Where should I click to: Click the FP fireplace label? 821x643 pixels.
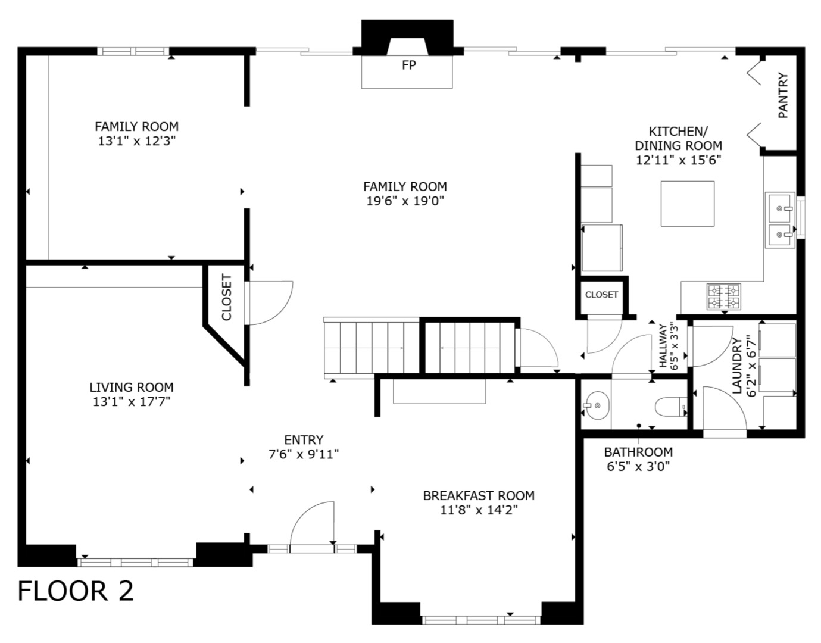(408, 65)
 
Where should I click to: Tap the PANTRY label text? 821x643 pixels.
(783, 95)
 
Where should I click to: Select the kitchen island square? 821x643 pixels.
(687, 203)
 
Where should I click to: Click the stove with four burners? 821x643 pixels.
(723, 296)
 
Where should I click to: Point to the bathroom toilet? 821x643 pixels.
(670, 408)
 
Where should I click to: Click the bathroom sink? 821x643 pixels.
(596, 406)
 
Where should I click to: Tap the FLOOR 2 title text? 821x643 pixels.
(76, 591)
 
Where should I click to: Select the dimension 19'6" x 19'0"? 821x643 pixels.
(405, 201)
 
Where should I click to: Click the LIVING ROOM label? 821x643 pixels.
(132, 387)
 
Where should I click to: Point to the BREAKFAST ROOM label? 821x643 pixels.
(478, 495)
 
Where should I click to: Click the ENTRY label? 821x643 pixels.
(304, 440)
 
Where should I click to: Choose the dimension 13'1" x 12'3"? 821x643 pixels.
(137, 141)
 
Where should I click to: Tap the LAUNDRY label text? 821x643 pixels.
(737, 366)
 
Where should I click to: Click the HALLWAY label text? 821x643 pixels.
(662, 346)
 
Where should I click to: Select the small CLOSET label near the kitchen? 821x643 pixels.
(601, 295)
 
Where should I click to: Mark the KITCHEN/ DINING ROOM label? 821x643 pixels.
(678, 138)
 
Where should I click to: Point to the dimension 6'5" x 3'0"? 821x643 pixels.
(638, 466)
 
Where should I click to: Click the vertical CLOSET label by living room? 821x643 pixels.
(227, 297)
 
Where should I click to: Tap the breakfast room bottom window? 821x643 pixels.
(481, 620)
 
